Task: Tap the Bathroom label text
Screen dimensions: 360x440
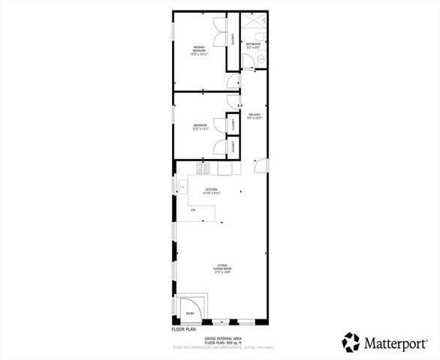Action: click(x=253, y=46)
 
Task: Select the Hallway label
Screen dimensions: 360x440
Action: click(x=254, y=116)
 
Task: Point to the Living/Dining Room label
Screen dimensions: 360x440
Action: click(x=223, y=269)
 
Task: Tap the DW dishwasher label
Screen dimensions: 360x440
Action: click(x=193, y=211)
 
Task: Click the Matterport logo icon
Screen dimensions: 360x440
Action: click(x=351, y=342)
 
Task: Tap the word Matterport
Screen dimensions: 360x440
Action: click(x=397, y=342)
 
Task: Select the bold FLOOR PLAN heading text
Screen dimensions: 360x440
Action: click(x=183, y=329)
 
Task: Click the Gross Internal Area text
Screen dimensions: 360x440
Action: click(x=223, y=338)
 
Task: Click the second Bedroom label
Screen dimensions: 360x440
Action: click(x=200, y=127)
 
